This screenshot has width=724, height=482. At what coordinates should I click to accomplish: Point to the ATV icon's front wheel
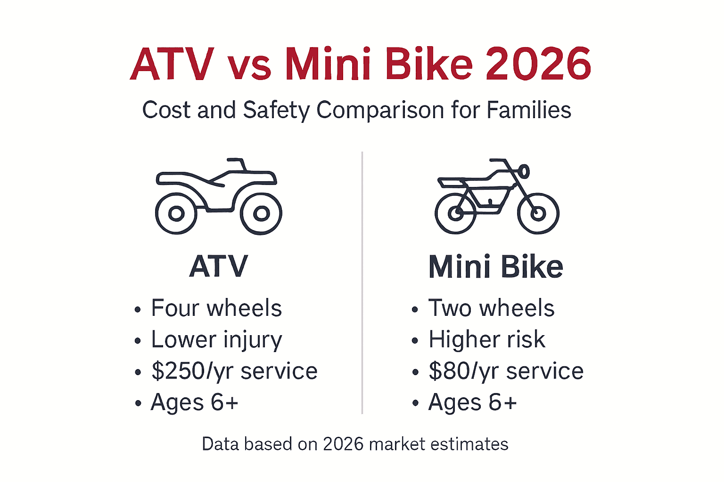[261, 214]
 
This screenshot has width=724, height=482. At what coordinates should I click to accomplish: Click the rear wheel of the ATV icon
[176, 214]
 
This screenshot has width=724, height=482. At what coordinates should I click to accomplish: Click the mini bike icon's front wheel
[538, 214]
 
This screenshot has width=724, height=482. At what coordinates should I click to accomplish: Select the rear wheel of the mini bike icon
[456, 214]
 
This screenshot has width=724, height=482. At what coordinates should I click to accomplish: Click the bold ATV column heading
[218, 266]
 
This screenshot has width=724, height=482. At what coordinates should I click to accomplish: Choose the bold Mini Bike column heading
[495, 267]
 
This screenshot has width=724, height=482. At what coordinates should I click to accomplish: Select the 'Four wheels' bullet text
[216, 308]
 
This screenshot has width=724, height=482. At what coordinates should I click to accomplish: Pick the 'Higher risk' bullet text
[486, 339]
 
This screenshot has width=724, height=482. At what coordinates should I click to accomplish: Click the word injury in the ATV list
[253, 340]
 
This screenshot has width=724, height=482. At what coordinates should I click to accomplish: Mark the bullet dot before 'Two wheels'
[415, 310]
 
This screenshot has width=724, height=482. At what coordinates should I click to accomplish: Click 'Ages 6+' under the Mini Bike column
[472, 402]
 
